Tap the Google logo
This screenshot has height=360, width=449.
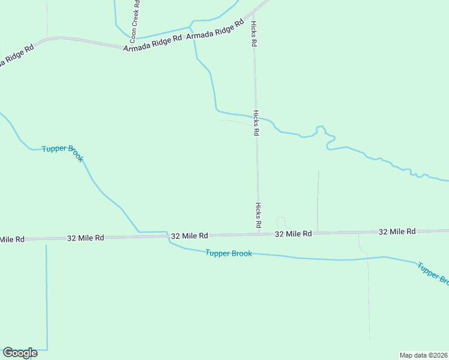20,353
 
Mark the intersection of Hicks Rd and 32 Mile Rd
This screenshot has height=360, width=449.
259,233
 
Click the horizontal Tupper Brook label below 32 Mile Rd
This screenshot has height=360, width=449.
228,253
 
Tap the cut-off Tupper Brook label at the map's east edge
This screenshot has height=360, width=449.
433,272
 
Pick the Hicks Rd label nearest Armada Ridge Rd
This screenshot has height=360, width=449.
254,34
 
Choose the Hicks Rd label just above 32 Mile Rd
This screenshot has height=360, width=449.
258,215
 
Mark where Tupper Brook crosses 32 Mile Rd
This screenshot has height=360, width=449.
167,236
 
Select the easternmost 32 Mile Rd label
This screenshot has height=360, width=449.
397,231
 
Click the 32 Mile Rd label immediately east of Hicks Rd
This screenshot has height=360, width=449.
294,233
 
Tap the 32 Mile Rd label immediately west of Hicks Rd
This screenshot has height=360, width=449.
190,236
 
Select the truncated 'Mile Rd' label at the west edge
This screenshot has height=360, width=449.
12,239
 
